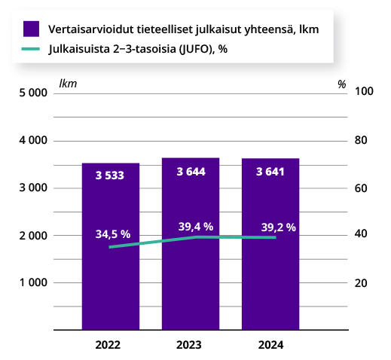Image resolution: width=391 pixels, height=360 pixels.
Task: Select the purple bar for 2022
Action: point(111,286)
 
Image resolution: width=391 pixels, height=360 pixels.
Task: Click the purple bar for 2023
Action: point(191,286)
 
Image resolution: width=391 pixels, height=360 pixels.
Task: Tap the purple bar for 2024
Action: point(270,286)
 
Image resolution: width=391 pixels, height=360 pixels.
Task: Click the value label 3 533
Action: point(111,175)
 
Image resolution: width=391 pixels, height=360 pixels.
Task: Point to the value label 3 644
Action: point(191,172)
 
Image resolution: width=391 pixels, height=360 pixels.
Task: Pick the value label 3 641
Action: point(270,172)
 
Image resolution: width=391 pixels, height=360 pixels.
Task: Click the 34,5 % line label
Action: point(113,234)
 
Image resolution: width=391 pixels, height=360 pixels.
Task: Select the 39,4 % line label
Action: point(196,226)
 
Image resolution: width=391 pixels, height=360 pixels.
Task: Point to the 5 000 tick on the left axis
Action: point(33,93)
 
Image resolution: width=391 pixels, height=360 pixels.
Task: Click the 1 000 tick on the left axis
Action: point(33,282)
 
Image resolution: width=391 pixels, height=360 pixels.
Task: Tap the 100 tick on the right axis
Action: point(364,92)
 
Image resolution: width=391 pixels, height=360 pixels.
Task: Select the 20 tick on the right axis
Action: point(361,282)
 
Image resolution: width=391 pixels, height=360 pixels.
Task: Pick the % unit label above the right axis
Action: point(342,84)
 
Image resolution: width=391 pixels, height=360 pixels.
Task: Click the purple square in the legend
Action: point(31,29)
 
